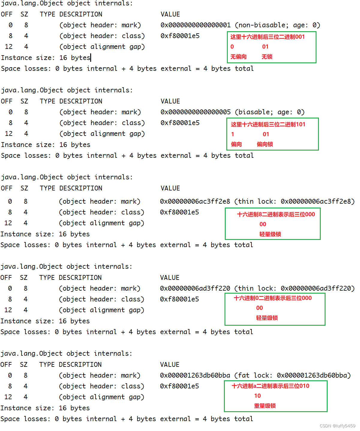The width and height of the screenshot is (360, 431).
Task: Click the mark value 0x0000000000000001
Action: click(195, 25)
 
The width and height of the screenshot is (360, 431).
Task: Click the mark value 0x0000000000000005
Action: click(195, 112)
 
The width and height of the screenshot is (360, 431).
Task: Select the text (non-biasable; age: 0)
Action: click(277, 25)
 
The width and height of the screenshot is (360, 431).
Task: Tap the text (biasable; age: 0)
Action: click(269, 112)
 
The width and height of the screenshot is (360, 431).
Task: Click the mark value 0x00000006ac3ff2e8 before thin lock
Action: click(195, 202)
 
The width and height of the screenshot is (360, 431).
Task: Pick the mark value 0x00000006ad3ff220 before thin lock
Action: click(195, 289)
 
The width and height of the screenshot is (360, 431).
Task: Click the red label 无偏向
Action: click(238, 57)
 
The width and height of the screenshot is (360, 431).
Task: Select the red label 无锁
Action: click(267, 57)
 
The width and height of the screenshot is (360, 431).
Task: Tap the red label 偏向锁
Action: click(265, 144)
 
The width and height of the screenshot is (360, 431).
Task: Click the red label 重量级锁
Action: click(265, 406)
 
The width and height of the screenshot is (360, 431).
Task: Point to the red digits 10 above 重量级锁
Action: click(257, 396)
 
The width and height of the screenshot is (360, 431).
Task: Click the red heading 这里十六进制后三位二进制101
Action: click(268, 124)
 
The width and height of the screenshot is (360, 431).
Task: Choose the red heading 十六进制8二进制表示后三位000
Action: click(276, 214)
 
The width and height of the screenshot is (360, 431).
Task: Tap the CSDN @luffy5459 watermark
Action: click(337, 426)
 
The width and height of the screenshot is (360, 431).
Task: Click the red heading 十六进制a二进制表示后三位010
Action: click(270, 386)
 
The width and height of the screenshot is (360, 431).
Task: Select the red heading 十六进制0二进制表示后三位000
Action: click(272, 298)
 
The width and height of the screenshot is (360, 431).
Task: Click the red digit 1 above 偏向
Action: click(233, 134)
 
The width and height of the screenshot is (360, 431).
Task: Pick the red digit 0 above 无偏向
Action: click(232, 47)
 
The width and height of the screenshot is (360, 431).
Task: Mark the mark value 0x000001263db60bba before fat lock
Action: click(195, 376)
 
